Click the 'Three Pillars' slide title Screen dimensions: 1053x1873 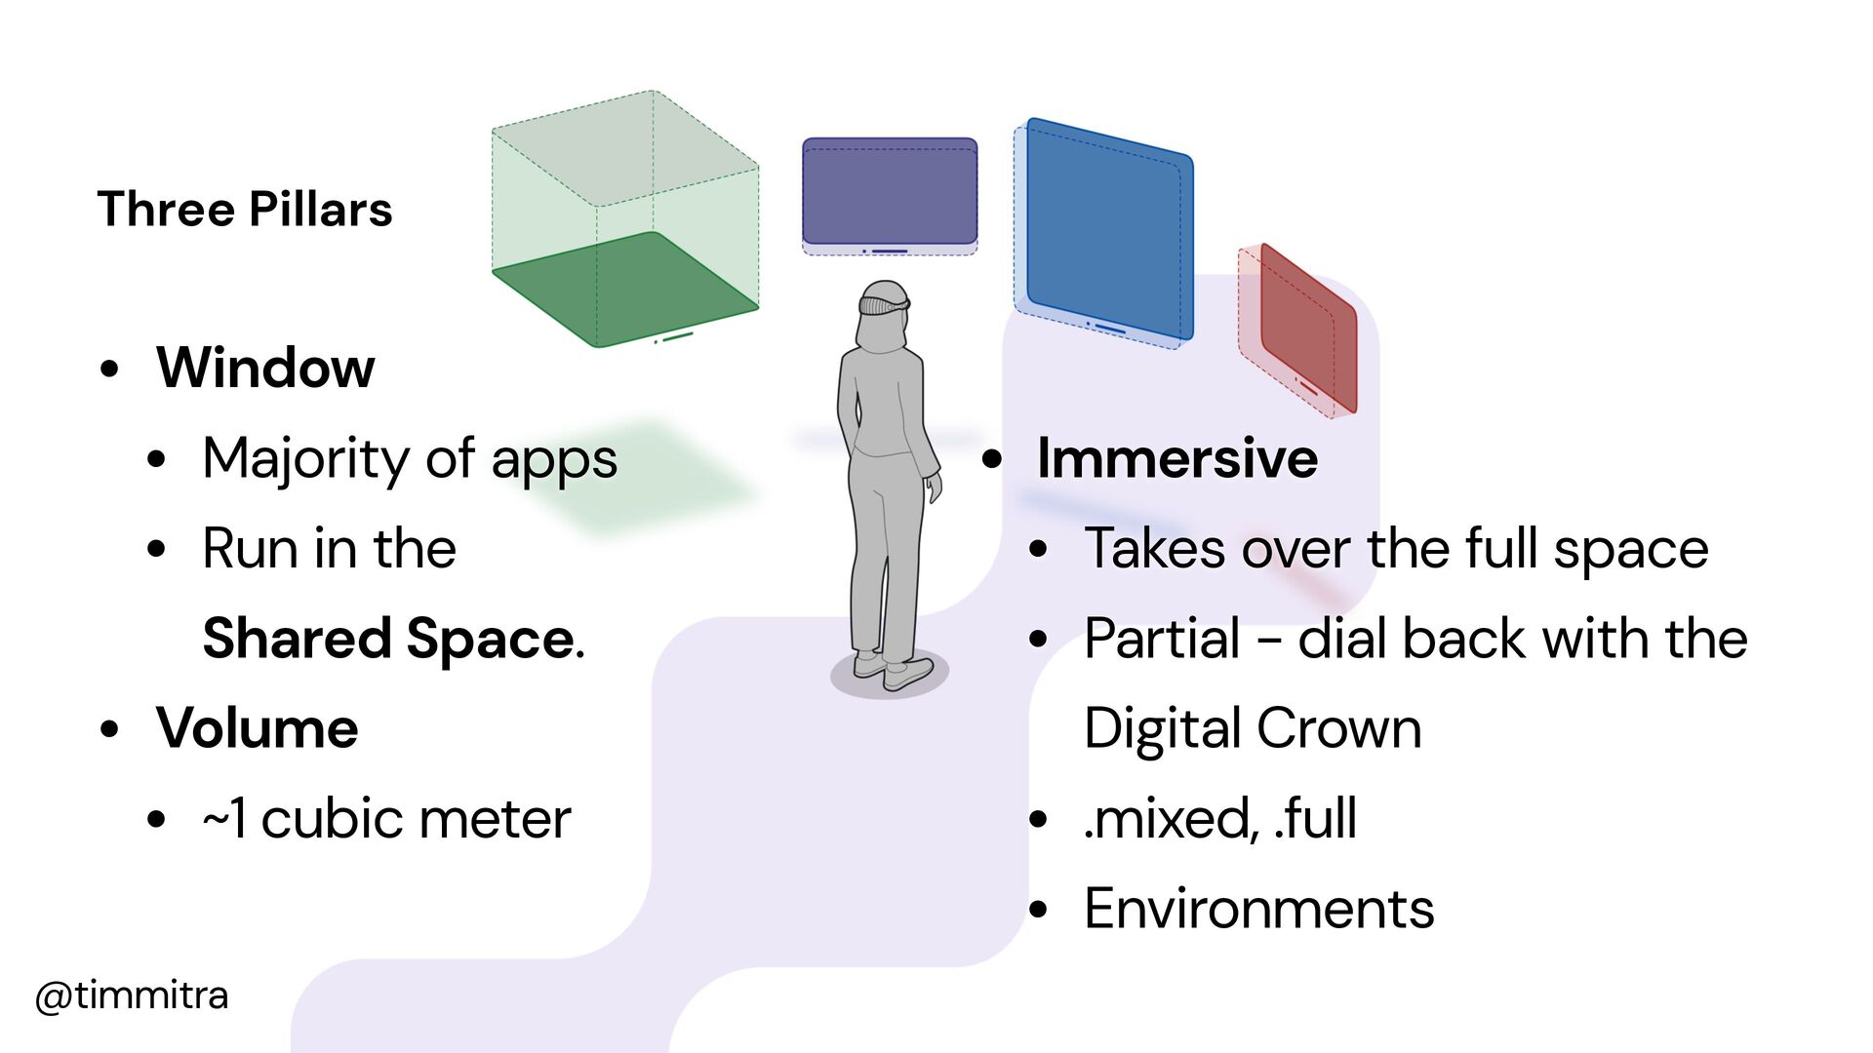(x=244, y=210)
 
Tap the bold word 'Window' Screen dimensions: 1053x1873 (x=265, y=368)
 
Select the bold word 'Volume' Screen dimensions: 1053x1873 (x=258, y=728)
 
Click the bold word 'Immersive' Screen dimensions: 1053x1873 (x=1177, y=458)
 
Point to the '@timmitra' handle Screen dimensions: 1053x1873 (x=132, y=995)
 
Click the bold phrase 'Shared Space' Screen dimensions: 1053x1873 (x=390, y=639)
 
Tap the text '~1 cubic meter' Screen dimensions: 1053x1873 (x=386, y=819)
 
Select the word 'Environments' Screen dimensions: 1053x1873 (x=1258, y=909)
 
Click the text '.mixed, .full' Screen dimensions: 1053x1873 (x=1219, y=819)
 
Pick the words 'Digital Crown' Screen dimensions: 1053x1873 (x=1253, y=728)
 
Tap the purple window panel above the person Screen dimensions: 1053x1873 (x=889, y=191)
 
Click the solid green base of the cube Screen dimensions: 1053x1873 (x=624, y=288)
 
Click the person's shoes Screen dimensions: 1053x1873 (x=893, y=671)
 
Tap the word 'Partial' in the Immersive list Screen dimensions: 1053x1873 (x=1162, y=639)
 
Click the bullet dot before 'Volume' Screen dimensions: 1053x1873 (x=109, y=729)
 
